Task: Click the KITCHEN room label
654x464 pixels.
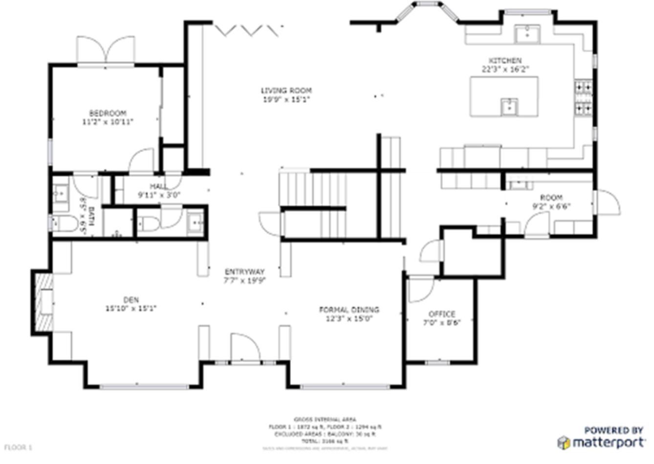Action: pyautogui.click(x=505, y=61)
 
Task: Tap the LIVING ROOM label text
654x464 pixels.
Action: pyautogui.click(x=286, y=90)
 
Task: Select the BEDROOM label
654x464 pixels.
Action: pyautogui.click(x=108, y=113)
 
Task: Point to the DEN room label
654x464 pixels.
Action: pyautogui.click(x=131, y=300)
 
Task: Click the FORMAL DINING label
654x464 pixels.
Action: pyautogui.click(x=349, y=310)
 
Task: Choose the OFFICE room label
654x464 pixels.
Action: pyautogui.click(x=442, y=314)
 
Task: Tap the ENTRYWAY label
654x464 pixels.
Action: pyautogui.click(x=244, y=272)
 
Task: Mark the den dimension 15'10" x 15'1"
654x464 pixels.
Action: pyautogui.click(x=131, y=309)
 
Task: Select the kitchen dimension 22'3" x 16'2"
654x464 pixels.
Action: pyautogui.click(x=505, y=69)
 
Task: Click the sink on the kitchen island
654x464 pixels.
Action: pyautogui.click(x=509, y=106)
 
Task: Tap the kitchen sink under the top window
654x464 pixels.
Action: pyautogui.click(x=527, y=34)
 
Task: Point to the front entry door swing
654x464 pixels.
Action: pyautogui.click(x=245, y=348)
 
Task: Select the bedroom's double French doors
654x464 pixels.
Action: pyautogui.click(x=106, y=50)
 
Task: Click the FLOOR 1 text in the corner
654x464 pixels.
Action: pyautogui.click(x=18, y=447)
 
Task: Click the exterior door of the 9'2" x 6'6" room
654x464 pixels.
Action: pyautogui.click(x=608, y=201)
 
